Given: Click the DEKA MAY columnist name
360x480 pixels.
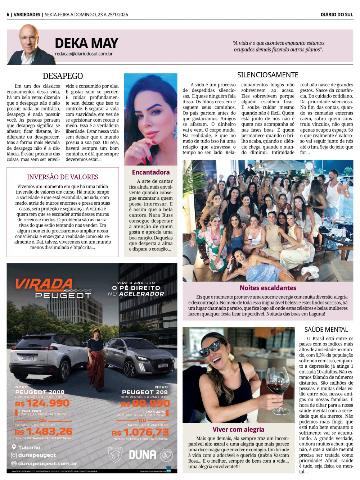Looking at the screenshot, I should click(x=86, y=43).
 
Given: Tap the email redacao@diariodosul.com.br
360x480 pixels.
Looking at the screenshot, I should click(x=84, y=54).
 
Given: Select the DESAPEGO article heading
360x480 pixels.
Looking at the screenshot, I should click(x=63, y=76).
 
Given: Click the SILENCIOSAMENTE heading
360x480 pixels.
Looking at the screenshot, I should click(x=267, y=75).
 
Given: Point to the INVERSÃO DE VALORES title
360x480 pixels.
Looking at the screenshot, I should click(x=63, y=177).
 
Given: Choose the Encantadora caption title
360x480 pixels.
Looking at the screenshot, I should click(x=150, y=172).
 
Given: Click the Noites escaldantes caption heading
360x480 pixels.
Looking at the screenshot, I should click(x=268, y=288).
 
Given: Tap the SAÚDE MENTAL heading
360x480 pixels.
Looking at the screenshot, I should click(x=326, y=330).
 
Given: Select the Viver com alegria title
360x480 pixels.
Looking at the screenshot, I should click(x=238, y=429).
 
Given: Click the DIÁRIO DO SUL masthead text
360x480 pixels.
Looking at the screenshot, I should click(x=337, y=15).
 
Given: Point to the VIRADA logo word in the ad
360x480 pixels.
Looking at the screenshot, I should click(x=44, y=285).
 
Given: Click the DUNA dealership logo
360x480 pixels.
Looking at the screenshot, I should click(x=143, y=455).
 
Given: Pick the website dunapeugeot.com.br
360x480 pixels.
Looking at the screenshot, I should click(x=48, y=464).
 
